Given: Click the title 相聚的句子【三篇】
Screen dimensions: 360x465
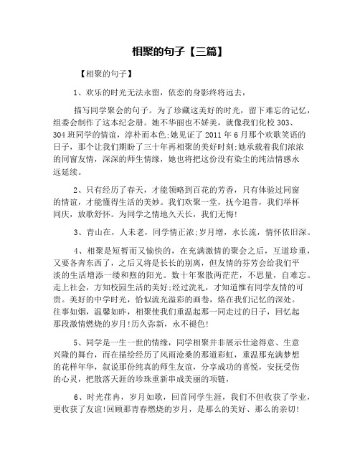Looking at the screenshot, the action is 180,52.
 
